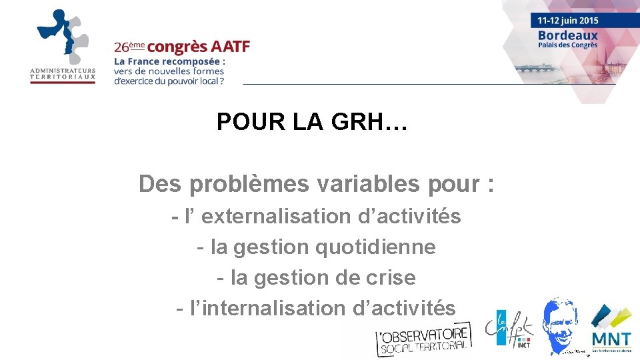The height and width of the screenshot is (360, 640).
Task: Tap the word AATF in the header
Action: [230, 47]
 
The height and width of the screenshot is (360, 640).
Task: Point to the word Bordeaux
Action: [568, 35]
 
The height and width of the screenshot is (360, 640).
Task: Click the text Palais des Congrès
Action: [568, 45]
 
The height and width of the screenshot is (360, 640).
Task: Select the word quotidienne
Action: [375, 247]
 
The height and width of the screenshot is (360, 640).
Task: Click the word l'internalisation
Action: [267, 309]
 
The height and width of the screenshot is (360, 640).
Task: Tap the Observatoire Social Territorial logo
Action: [423, 339]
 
